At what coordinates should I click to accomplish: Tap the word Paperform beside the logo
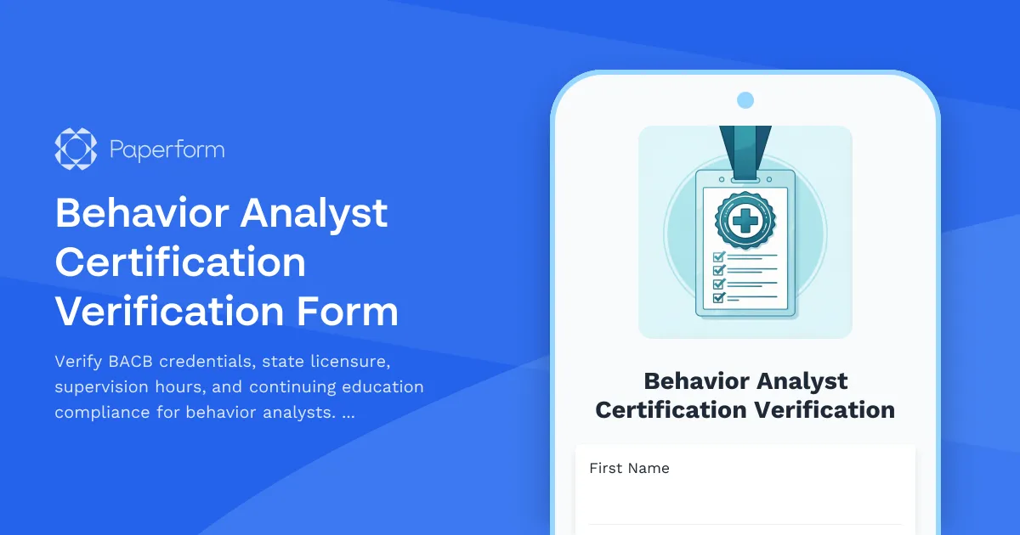pyautogui.click(x=167, y=150)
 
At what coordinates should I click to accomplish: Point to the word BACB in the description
pyautogui.click(x=131, y=362)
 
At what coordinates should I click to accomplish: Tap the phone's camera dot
pyautogui.click(x=745, y=100)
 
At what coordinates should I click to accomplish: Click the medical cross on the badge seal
pyautogui.click(x=745, y=222)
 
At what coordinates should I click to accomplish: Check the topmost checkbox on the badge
pyautogui.click(x=718, y=256)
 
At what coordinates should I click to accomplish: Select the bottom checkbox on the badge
pyautogui.click(x=718, y=298)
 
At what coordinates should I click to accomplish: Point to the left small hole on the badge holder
pyautogui.click(x=722, y=180)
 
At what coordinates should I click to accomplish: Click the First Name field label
pyautogui.click(x=629, y=468)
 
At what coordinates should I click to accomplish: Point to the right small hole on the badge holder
pyautogui.click(x=768, y=180)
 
